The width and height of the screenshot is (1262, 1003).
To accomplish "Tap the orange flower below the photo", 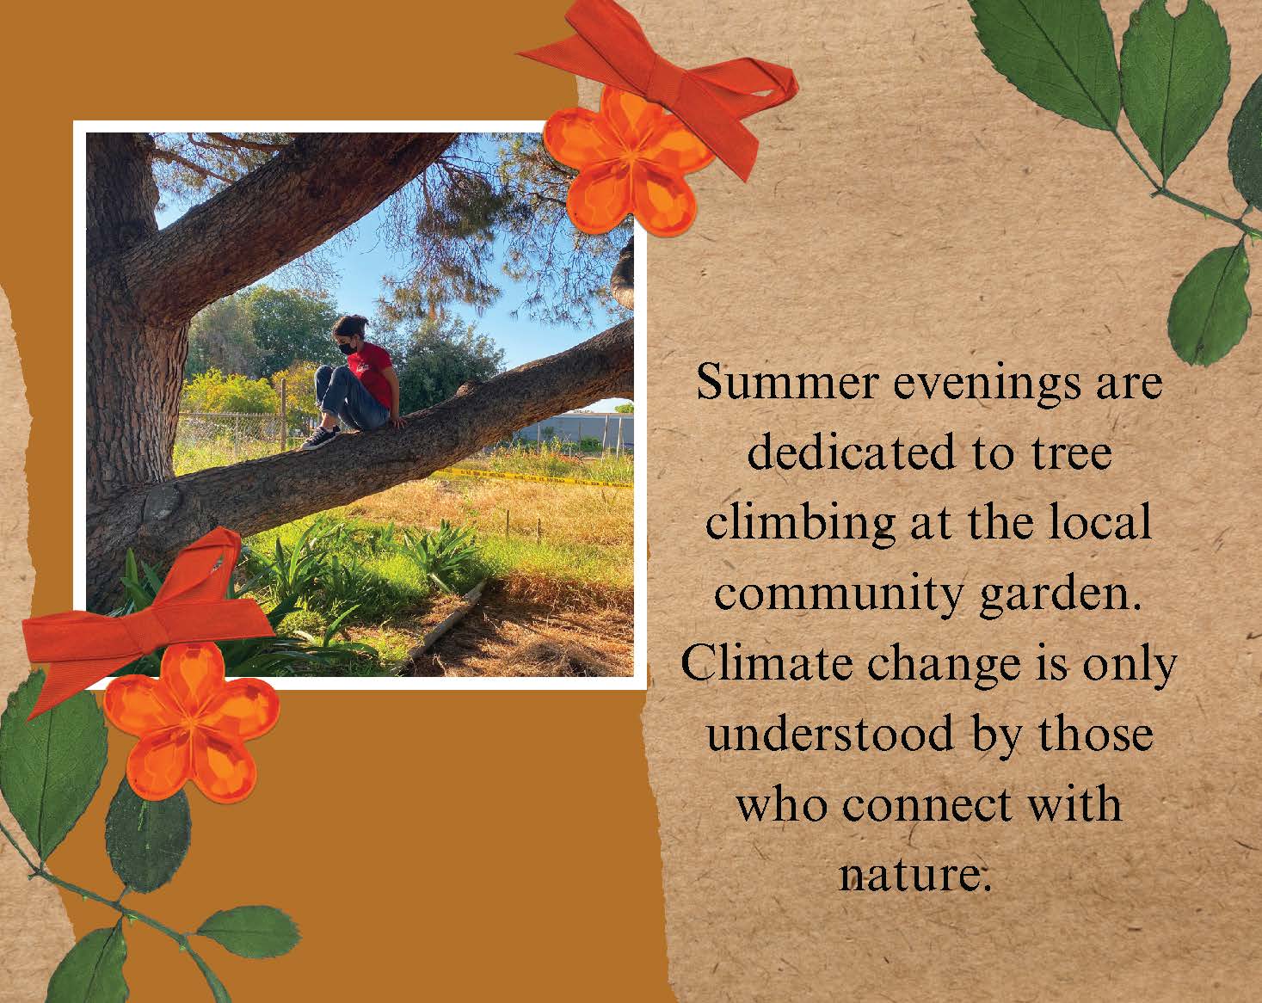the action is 192,721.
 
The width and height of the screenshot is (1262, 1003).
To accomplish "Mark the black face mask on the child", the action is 348,348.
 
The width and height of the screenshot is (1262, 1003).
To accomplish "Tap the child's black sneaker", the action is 320,438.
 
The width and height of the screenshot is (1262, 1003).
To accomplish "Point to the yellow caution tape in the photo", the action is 531,478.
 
